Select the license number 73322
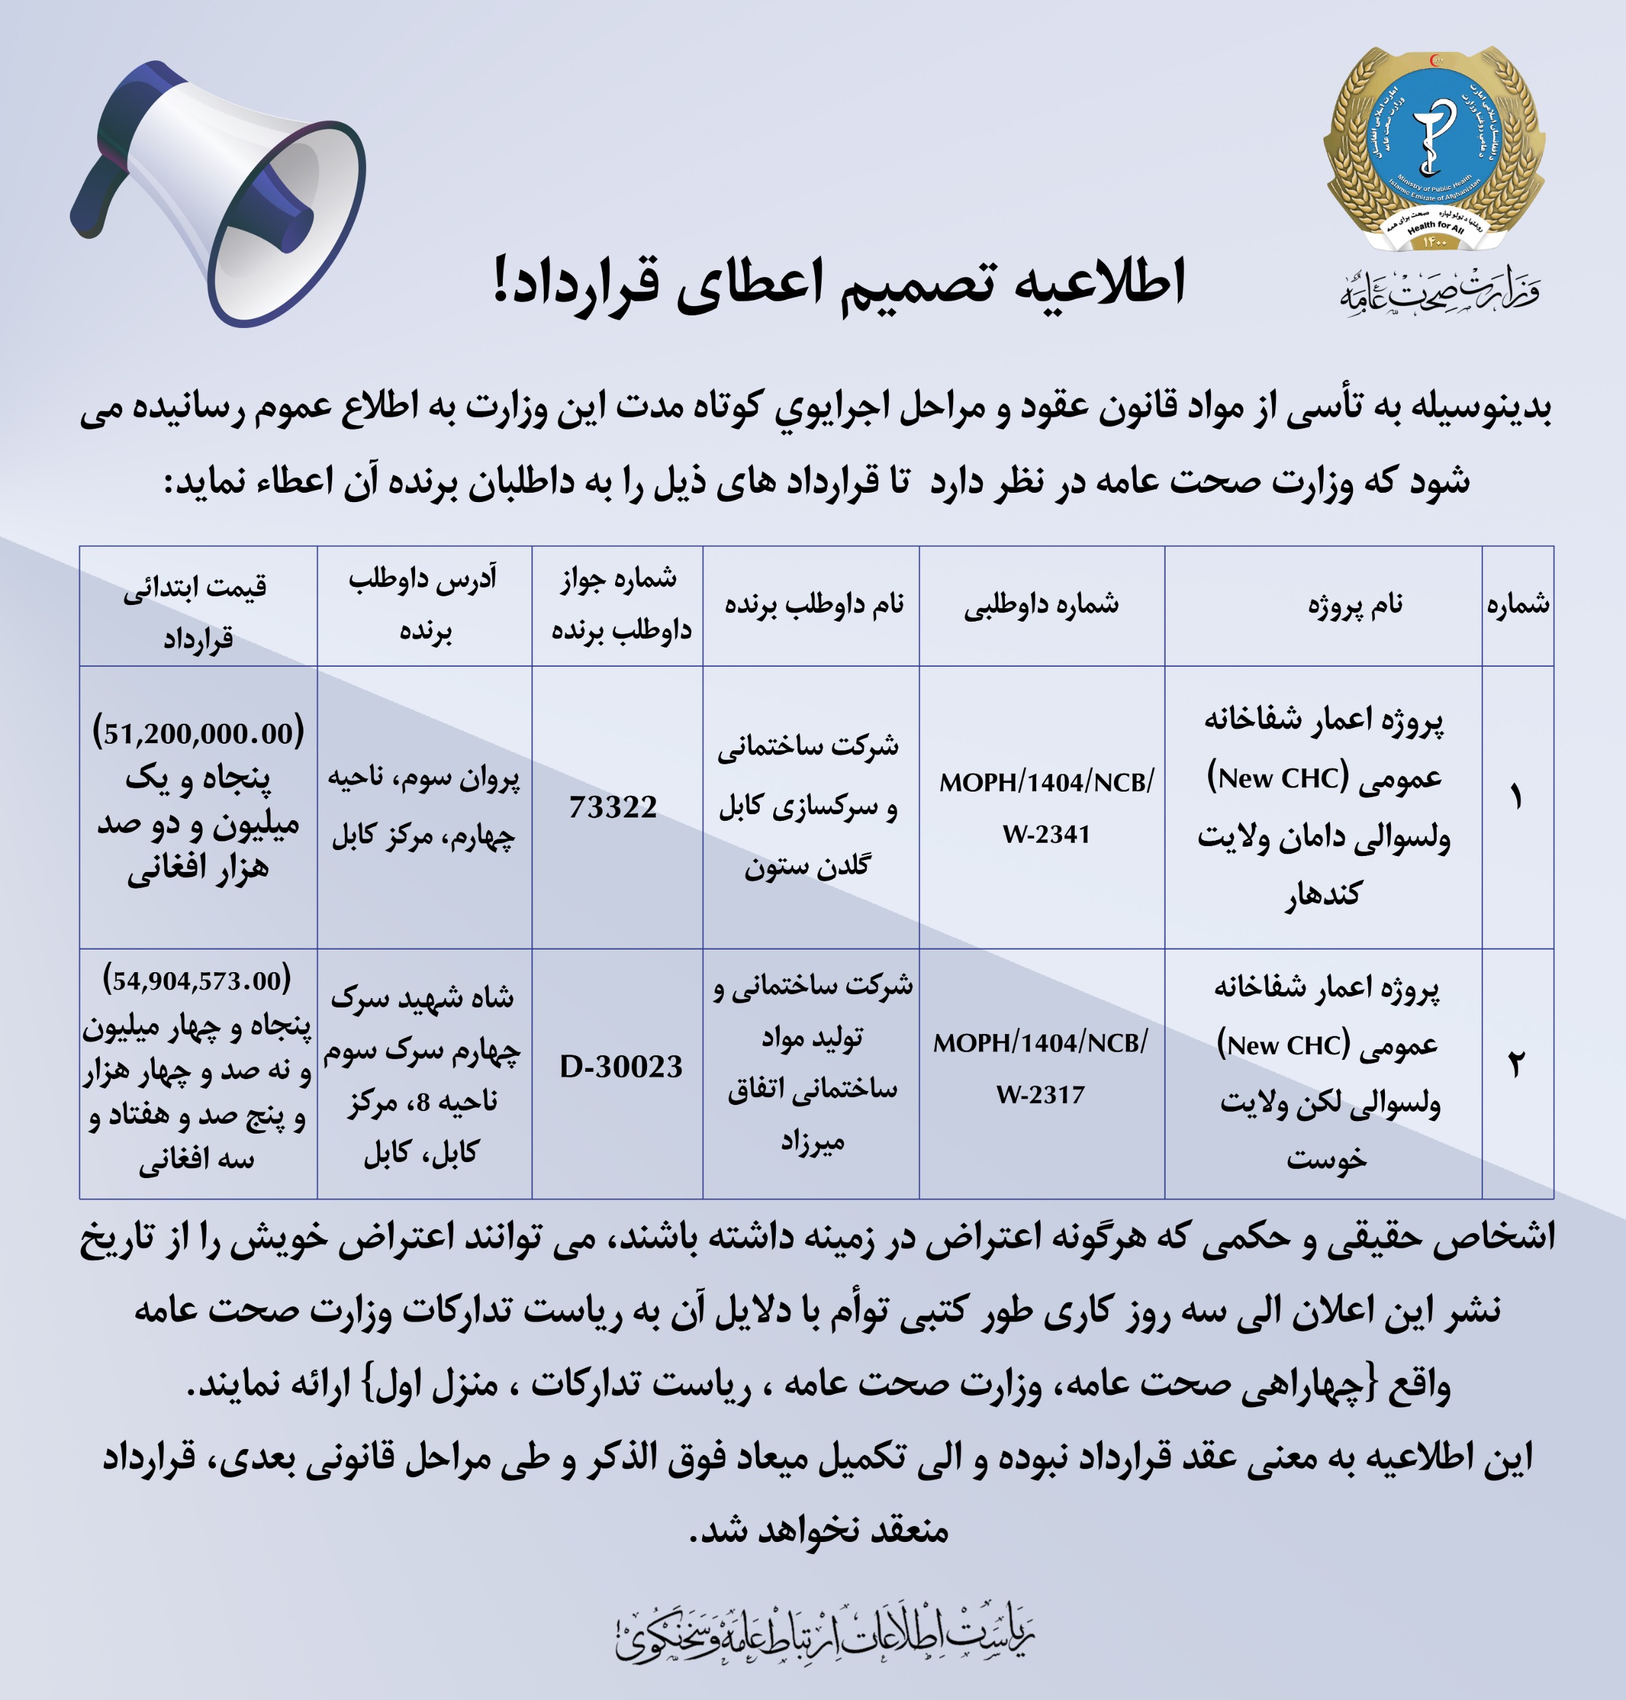point(614,807)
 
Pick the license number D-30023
point(620,1066)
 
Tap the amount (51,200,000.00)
point(199,733)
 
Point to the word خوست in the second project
point(1326,1159)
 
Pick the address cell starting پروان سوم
point(424,807)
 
